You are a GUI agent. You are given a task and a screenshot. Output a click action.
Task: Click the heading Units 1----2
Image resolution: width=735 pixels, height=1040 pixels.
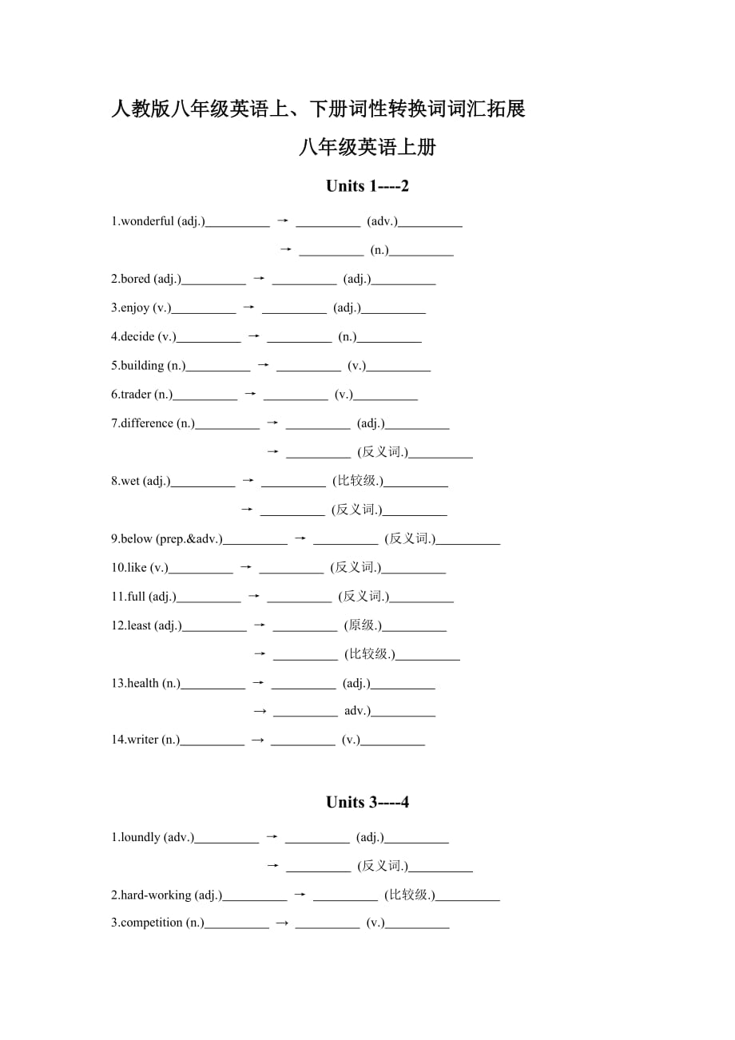click(367, 186)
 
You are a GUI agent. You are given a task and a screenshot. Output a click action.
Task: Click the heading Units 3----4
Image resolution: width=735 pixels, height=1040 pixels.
click(367, 802)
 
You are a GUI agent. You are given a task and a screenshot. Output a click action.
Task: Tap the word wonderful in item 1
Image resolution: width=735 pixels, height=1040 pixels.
click(147, 221)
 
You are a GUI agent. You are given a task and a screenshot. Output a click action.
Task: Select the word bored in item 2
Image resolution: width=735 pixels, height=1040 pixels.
click(136, 279)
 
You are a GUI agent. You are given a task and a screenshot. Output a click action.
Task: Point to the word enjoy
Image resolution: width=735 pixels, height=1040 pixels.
click(135, 308)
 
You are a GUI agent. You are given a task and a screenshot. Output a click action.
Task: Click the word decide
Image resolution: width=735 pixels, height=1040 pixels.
click(137, 336)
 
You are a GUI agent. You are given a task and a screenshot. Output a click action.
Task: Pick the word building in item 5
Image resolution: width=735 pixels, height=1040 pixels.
click(142, 365)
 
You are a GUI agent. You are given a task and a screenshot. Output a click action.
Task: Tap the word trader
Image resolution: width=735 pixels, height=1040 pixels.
click(136, 394)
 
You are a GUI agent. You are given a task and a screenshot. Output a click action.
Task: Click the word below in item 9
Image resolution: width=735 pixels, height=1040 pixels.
click(136, 538)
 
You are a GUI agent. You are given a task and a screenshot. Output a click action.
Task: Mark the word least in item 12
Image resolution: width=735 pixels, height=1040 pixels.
click(139, 625)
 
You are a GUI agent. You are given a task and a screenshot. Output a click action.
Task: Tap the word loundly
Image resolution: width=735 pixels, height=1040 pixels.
click(141, 837)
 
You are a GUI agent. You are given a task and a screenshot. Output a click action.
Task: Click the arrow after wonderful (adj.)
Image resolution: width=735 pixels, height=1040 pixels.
click(282, 220)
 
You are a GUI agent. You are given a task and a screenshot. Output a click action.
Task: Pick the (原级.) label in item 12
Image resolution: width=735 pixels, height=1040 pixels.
click(363, 625)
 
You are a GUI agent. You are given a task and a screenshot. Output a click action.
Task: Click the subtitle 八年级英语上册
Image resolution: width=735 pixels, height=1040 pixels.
click(367, 147)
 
